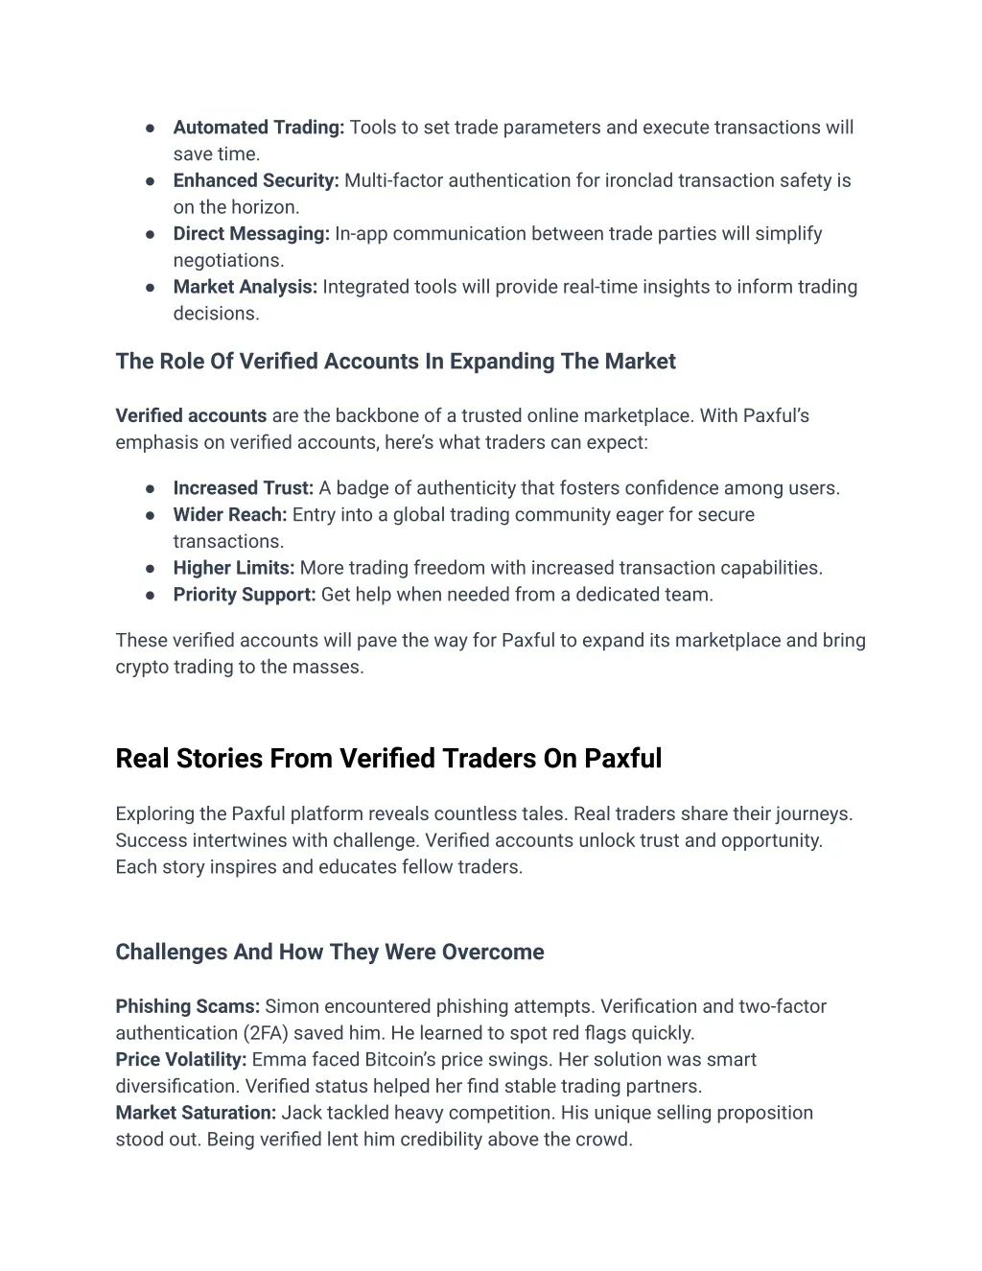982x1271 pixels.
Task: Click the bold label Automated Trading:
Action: click(x=258, y=128)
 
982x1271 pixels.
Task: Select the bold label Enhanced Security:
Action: click(x=256, y=180)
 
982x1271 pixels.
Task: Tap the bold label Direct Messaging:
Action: click(x=251, y=234)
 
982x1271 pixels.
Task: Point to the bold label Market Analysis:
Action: click(x=245, y=287)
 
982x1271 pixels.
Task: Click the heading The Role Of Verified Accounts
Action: click(x=395, y=362)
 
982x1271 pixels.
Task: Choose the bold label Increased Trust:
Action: click(x=244, y=488)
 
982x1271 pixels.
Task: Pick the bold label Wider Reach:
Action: click(x=230, y=515)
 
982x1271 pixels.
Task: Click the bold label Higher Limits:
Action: click(x=234, y=568)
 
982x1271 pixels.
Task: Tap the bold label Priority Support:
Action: click(x=245, y=595)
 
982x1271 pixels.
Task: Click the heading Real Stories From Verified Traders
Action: click(x=388, y=759)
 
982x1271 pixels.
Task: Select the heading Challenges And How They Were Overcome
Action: click(x=330, y=953)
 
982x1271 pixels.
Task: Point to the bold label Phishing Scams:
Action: click(x=188, y=1007)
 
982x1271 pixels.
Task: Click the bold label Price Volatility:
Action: click(x=181, y=1060)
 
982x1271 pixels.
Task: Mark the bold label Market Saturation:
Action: click(x=196, y=1114)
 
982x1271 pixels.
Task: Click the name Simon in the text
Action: click(x=292, y=1007)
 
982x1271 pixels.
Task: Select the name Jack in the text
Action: click(x=301, y=1114)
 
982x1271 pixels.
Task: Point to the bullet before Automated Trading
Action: click(x=151, y=128)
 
